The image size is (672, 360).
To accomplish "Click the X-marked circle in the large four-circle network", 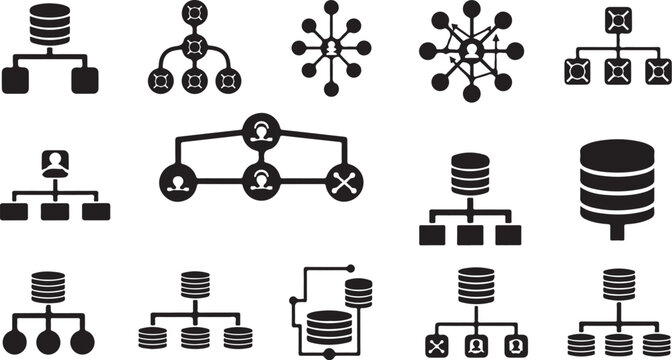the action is click(x=344, y=182).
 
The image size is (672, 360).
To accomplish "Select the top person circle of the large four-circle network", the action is click(x=262, y=133).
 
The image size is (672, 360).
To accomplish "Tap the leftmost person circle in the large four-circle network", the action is click(x=179, y=182).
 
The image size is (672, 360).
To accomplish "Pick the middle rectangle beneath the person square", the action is click(x=52, y=211).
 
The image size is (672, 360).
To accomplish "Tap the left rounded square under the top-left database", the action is click(x=19, y=80).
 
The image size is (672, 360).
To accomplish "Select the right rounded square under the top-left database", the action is click(x=85, y=80).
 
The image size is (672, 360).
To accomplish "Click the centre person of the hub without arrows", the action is click(x=331, y=48).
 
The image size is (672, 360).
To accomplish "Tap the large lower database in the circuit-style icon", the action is click(x=328, y=328).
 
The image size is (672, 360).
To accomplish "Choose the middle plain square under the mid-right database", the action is click(x=470, y=235).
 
